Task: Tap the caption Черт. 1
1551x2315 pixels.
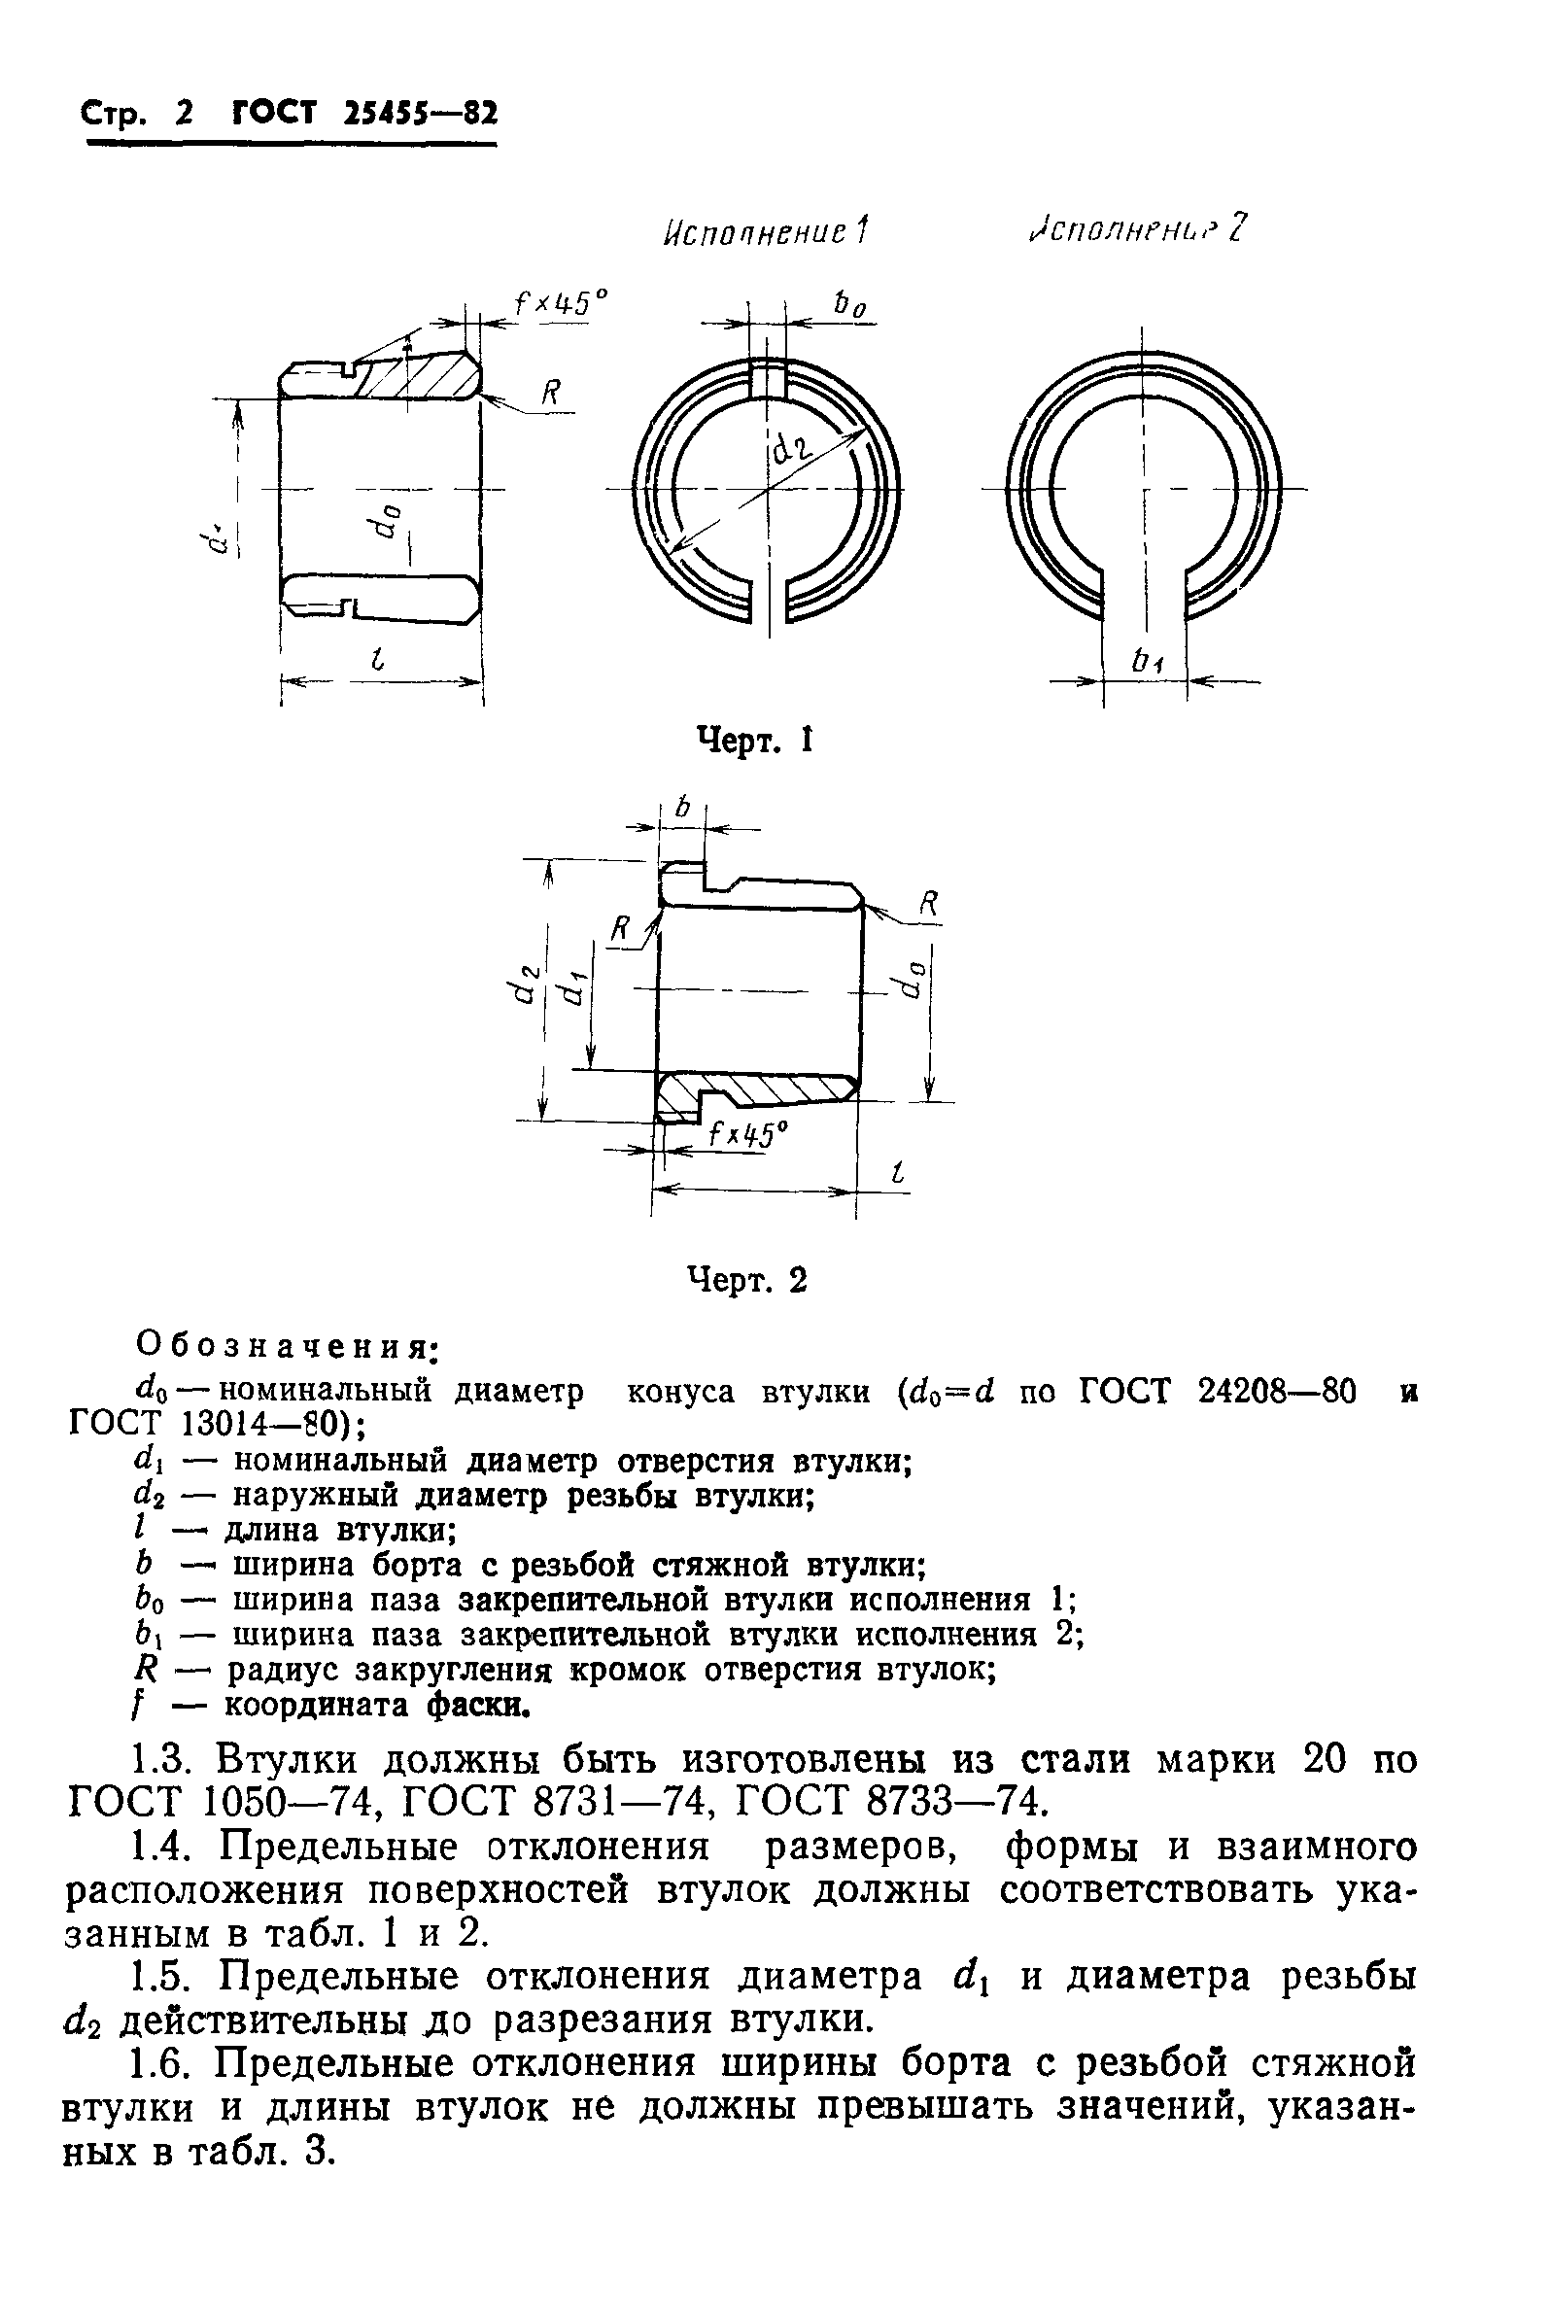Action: click(x=755, y=741)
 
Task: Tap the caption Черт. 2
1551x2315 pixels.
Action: click(x=748, y=1280)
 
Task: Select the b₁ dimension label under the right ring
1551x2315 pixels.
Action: click(x=1147, y=663)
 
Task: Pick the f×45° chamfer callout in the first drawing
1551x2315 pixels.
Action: click(x=560, y=300)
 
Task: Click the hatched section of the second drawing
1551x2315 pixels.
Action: click(x=762, y=1089)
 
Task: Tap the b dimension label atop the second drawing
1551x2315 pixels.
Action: click(x=681, y=808)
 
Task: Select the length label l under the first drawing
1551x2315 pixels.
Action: click(x=376, y=664)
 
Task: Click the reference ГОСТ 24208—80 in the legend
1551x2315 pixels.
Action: click(x=1215, y=1391)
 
